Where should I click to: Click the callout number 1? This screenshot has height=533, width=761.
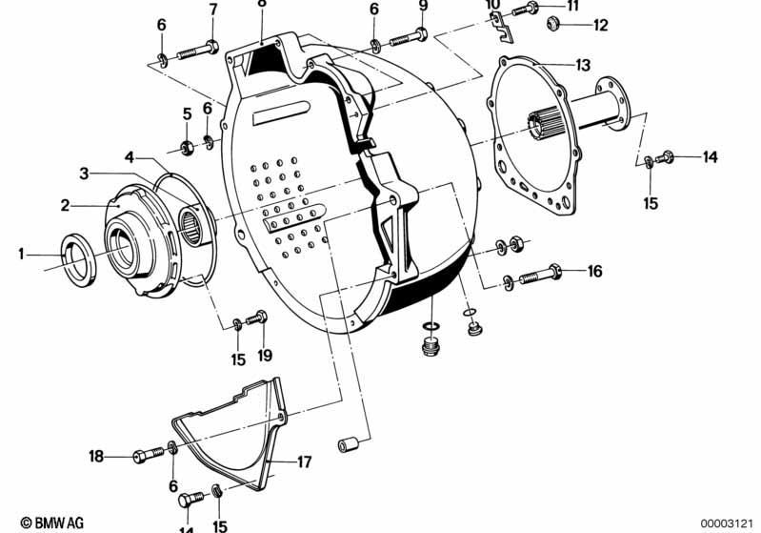pyautogui.click(x=21, y=254)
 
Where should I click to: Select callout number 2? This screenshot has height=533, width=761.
pyautogui.click(x=66, y=206)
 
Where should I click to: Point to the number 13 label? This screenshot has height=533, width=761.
pyautogui.click(x=583, y=65)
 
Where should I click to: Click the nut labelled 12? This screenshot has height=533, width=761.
pyautogui.click(x=553, y=23)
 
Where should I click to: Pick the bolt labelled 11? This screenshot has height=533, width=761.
pyautogui.click(x=525, y=9)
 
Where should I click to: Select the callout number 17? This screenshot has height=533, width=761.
pyautogui.click(x=304, y=461)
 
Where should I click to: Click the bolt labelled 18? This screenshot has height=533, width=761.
pyautogui.click(x=149, y=455)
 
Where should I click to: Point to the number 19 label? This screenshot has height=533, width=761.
pyautogui.click(x=265, y=355)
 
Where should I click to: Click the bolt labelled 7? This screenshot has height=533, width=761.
pyautogui.click(x=198, y=50)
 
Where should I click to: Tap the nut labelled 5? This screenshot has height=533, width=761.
pyautogui.click(x=187, y=147)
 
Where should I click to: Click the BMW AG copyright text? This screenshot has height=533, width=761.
pyautogui.click(x=52, y=523)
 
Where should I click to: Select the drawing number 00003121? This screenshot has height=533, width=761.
pyautogui.click(x=727, y=523)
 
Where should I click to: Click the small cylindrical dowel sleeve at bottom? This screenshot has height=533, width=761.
pyautogui.click(x=348, y=444)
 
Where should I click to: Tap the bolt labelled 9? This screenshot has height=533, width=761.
pyautogui.click(x=409, y=37)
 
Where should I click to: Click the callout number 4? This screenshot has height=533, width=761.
pyautogui.click(x=130, y=157)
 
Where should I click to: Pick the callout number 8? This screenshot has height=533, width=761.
pyautogui.click(x=262, y=3)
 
